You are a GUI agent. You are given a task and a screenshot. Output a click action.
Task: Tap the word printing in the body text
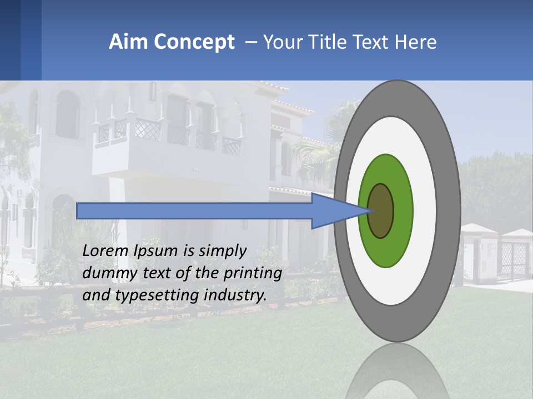(x=253, y=273)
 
